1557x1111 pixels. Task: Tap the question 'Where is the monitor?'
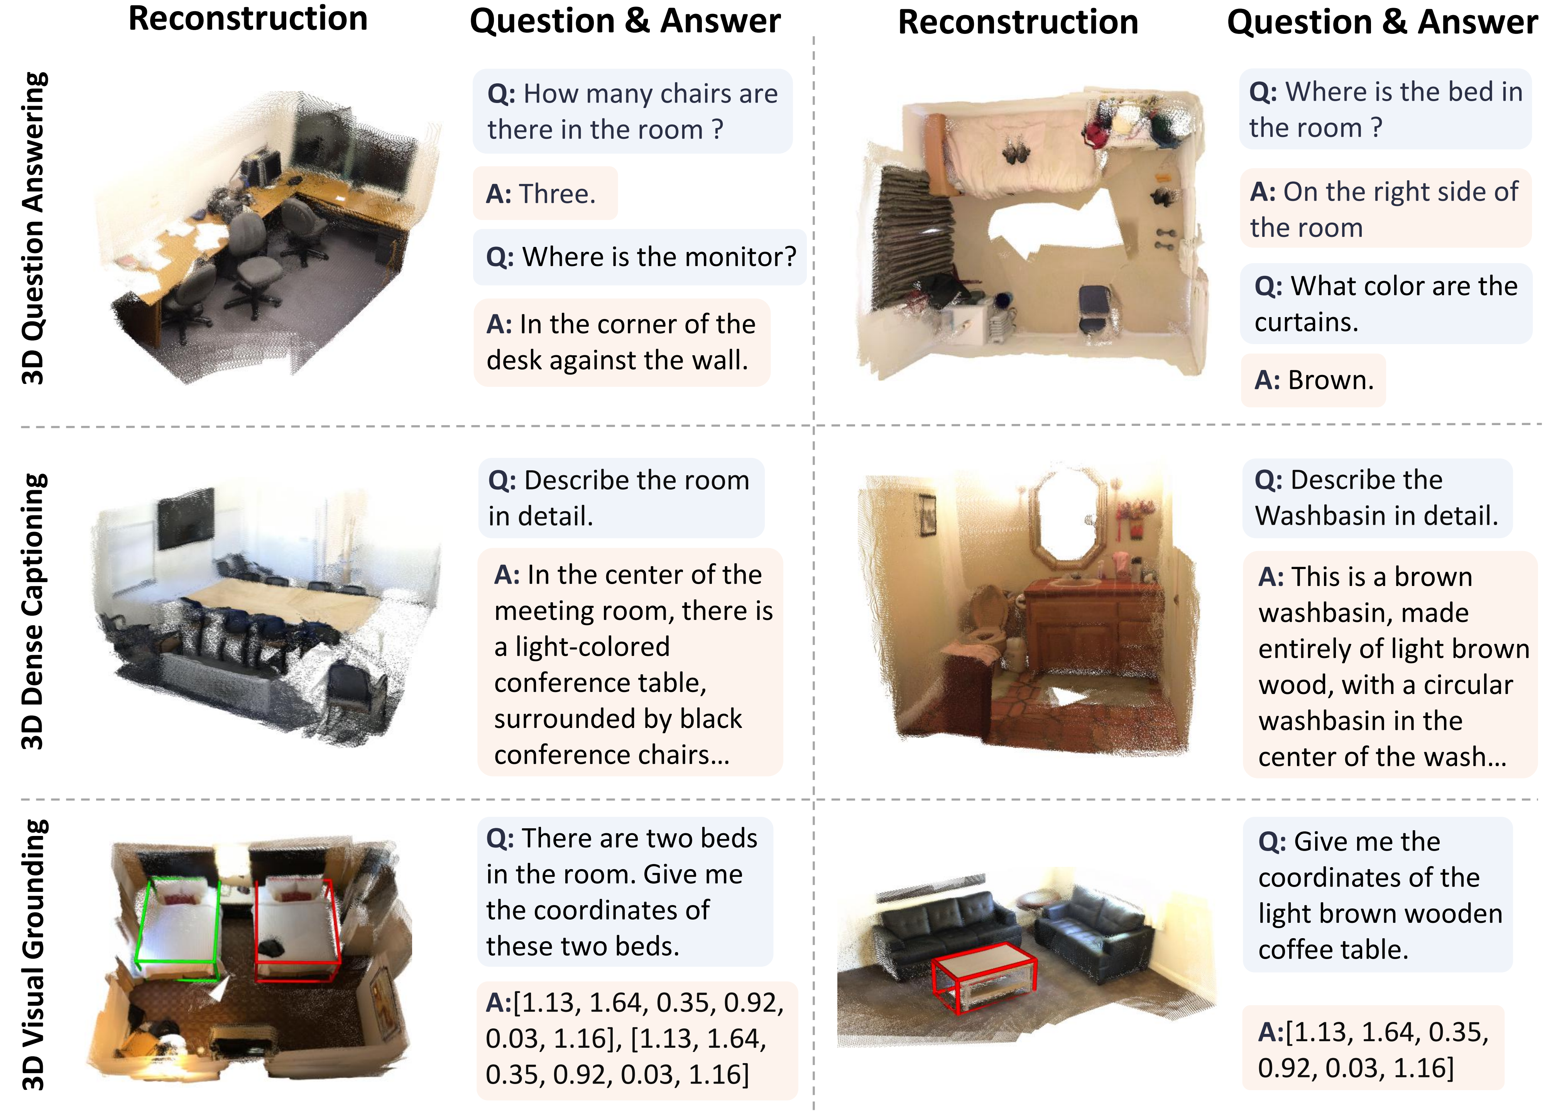[639, 257]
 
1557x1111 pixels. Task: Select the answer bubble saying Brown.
[1313, 380]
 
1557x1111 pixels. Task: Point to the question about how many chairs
[632, 111]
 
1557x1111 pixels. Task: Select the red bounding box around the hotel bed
[297, 930]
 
